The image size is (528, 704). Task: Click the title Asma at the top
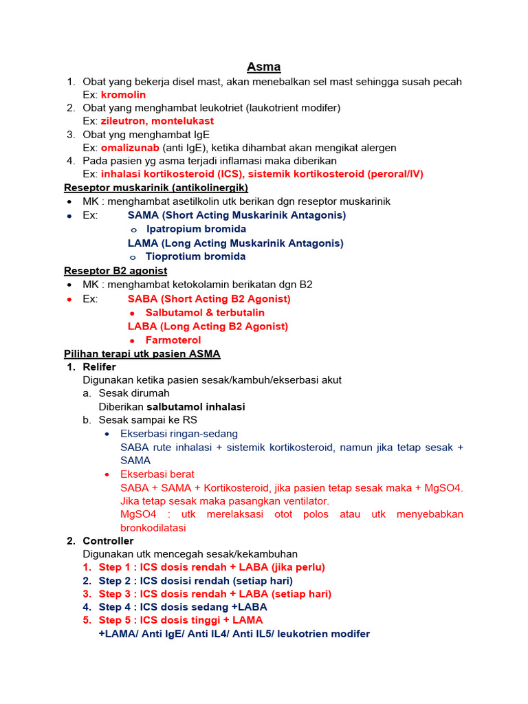click(x=264, y=67)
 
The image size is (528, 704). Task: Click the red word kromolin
click(x=123, y=95)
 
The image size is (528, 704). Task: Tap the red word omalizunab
click(x=130, y=148)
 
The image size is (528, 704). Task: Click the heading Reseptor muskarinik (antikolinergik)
click(x=156, y=188)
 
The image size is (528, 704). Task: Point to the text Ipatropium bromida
click(x=195, y=229)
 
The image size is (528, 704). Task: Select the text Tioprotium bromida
click(x=195, y=256)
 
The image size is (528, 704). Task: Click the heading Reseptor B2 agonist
click(x=115, y=271)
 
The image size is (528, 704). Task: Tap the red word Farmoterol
click(x=173, y=340)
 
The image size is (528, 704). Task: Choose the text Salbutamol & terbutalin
click(x=205, y=313)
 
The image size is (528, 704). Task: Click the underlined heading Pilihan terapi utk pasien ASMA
click(x=142, y=354)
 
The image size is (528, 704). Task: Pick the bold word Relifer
click(x=100, y=367)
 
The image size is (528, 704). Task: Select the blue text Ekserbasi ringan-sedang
click(x=179, y=434)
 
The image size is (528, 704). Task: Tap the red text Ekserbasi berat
click(x=157, y=474)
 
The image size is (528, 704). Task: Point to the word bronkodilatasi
click(x=153, y=528)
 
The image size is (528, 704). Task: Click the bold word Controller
click(x=108, y=541)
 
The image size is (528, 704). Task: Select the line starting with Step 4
click(x=183, y=607)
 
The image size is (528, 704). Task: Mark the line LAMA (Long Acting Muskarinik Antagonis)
click(x=236, y=243)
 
